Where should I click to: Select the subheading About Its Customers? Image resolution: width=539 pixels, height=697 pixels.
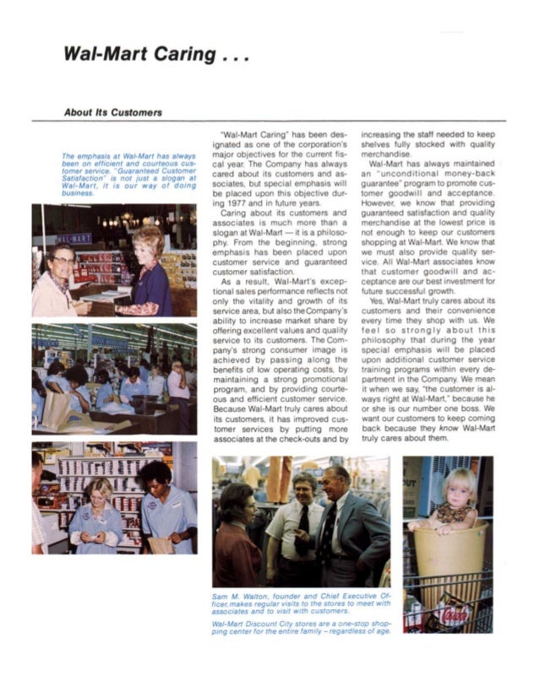(114, 112)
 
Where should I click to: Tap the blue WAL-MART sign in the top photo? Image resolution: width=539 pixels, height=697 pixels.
(74, 239)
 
